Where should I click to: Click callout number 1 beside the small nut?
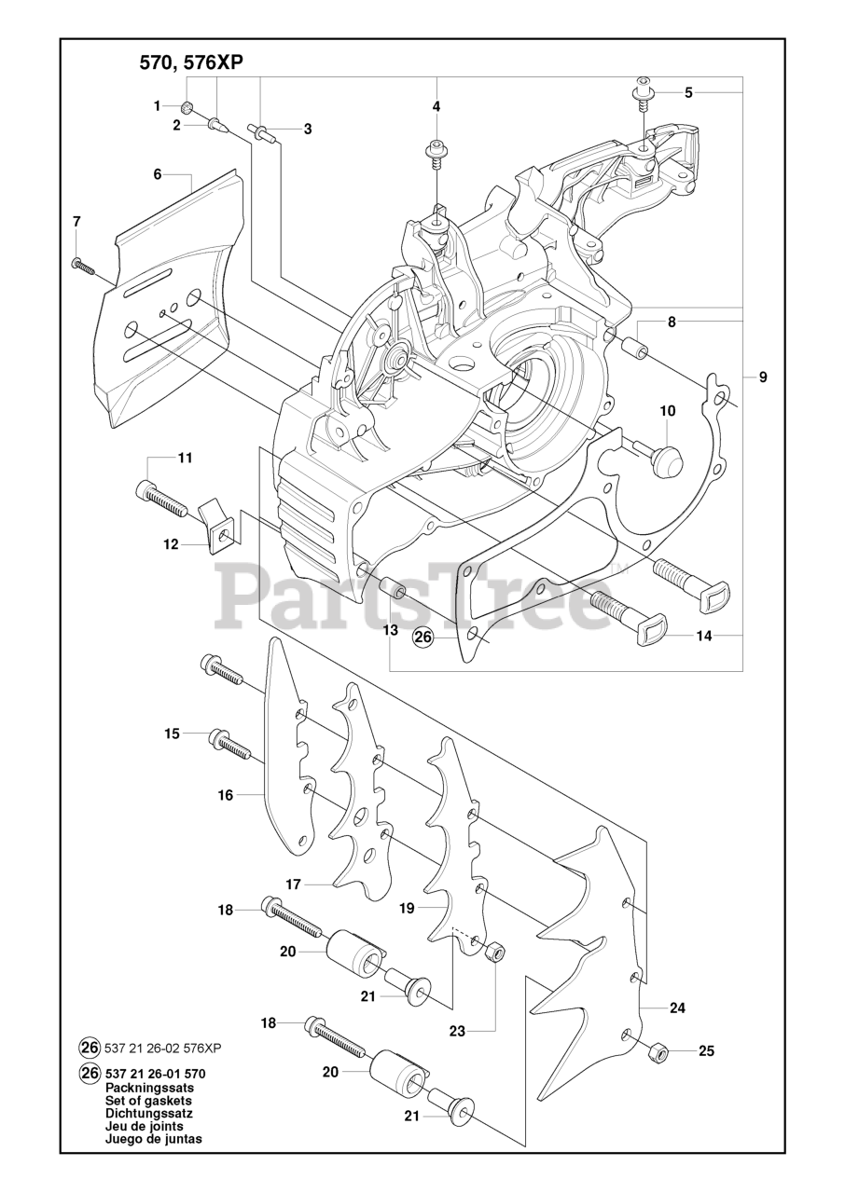click(x=158, y=106)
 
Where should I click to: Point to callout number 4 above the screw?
click(x=436, y=106)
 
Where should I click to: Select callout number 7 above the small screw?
click(x=76, y=221)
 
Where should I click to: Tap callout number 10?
click(x=667, y=410)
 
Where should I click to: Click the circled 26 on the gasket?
click(x=423, y=638)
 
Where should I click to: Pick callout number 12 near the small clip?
click(x=171, y=544)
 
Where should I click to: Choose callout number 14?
click(x=703, y=638)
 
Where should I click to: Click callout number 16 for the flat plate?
click(x=226, y=795)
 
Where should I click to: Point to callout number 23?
click(x=456, y=1031)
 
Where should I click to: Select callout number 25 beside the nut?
click(x=706, y=1051)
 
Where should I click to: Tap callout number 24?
click(x=677, y=1008)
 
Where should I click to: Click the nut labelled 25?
click(x=657, y=1052)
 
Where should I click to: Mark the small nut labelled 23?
click(x=497, y=953)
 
